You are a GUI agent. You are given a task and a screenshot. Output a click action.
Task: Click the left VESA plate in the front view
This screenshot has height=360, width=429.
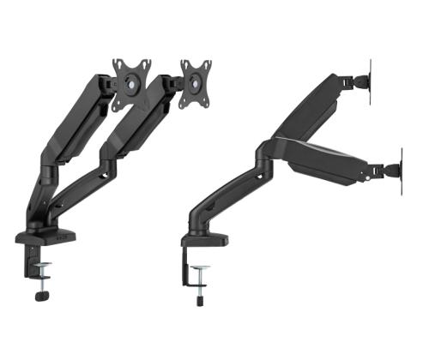(x=130, y=83)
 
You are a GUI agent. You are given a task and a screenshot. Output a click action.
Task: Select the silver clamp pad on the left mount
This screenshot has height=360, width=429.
(x=42, y=267)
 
